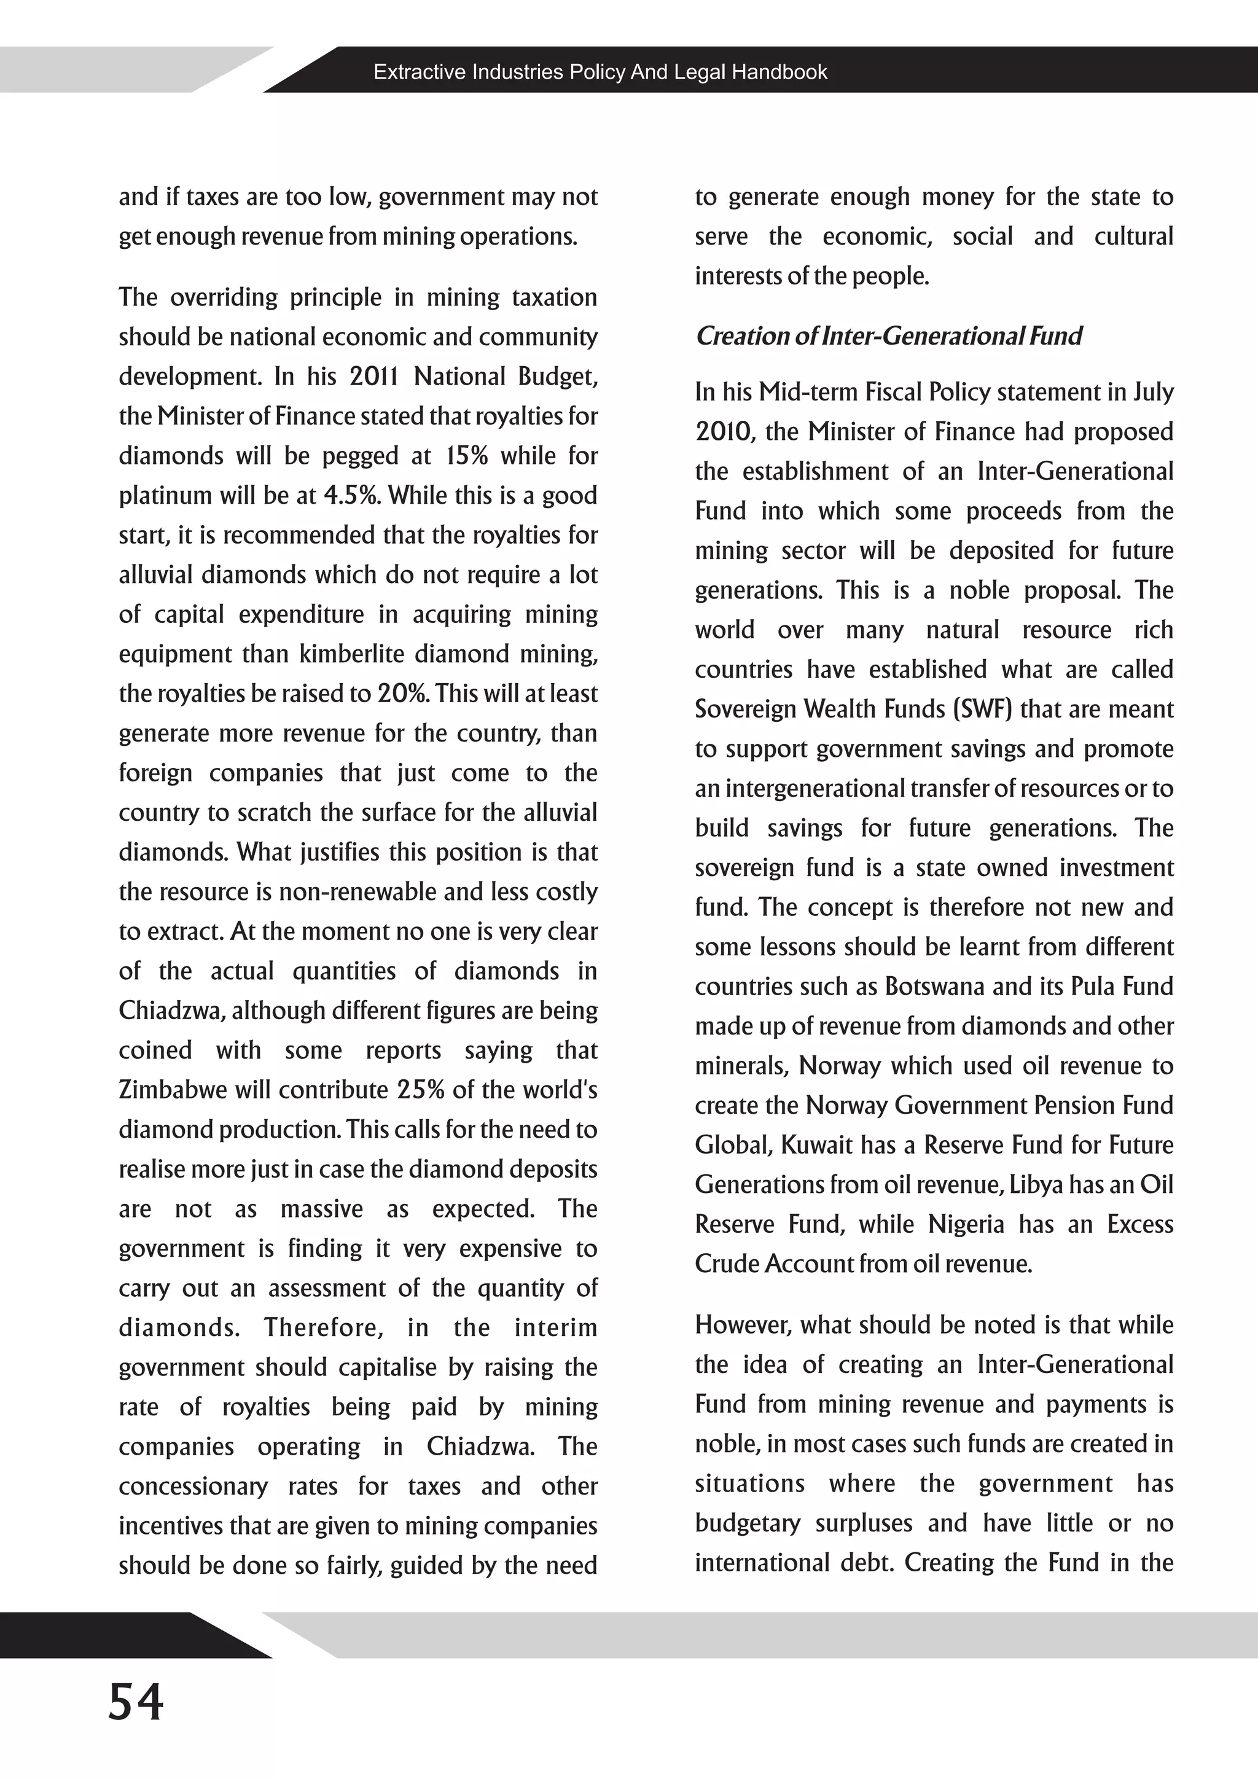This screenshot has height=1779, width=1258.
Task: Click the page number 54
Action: coord(136,1702)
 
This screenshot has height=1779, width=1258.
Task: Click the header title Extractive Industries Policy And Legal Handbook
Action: coord(600,72)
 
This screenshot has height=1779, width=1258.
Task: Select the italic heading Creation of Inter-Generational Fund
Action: coord(888,335)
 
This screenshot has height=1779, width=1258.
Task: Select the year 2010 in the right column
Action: coord(724,432)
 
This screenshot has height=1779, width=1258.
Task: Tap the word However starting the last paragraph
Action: coord(744,1324)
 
